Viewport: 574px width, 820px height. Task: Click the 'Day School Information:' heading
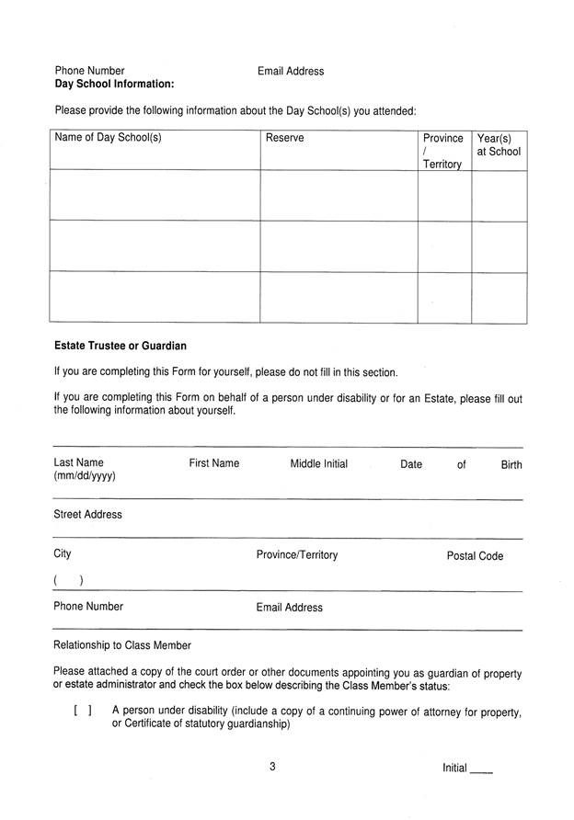[114, 84]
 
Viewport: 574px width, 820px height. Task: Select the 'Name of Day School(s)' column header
[108, 139]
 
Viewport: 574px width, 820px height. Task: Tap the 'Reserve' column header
[284, 139]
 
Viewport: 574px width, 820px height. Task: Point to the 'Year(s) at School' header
[499, 145]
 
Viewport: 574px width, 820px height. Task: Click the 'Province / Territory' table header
[442, 151]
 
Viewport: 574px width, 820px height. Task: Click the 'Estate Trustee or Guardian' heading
[120, 347]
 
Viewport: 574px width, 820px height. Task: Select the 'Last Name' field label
[78, 463]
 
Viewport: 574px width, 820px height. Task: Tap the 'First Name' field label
[213, 463]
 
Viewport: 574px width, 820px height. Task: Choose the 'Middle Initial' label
[318, 464]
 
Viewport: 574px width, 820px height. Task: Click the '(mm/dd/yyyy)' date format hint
[85, 477]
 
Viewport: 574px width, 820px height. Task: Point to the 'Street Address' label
[87, 515]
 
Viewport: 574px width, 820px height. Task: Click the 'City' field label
[63, 554]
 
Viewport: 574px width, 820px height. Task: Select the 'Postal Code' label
[475, 556]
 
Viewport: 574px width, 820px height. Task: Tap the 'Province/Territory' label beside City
[296, 555]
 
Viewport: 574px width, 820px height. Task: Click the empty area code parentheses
[69, 580]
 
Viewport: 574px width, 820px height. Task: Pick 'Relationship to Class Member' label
[122, 645]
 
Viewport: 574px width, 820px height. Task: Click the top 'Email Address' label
[291, 71]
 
